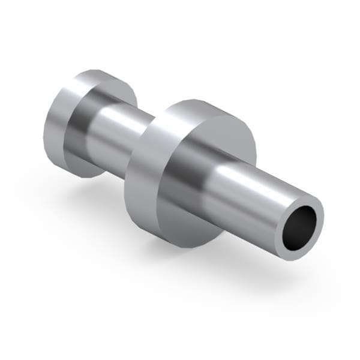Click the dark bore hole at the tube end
(x=299, y=228)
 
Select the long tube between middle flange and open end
(x=252, y=192)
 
